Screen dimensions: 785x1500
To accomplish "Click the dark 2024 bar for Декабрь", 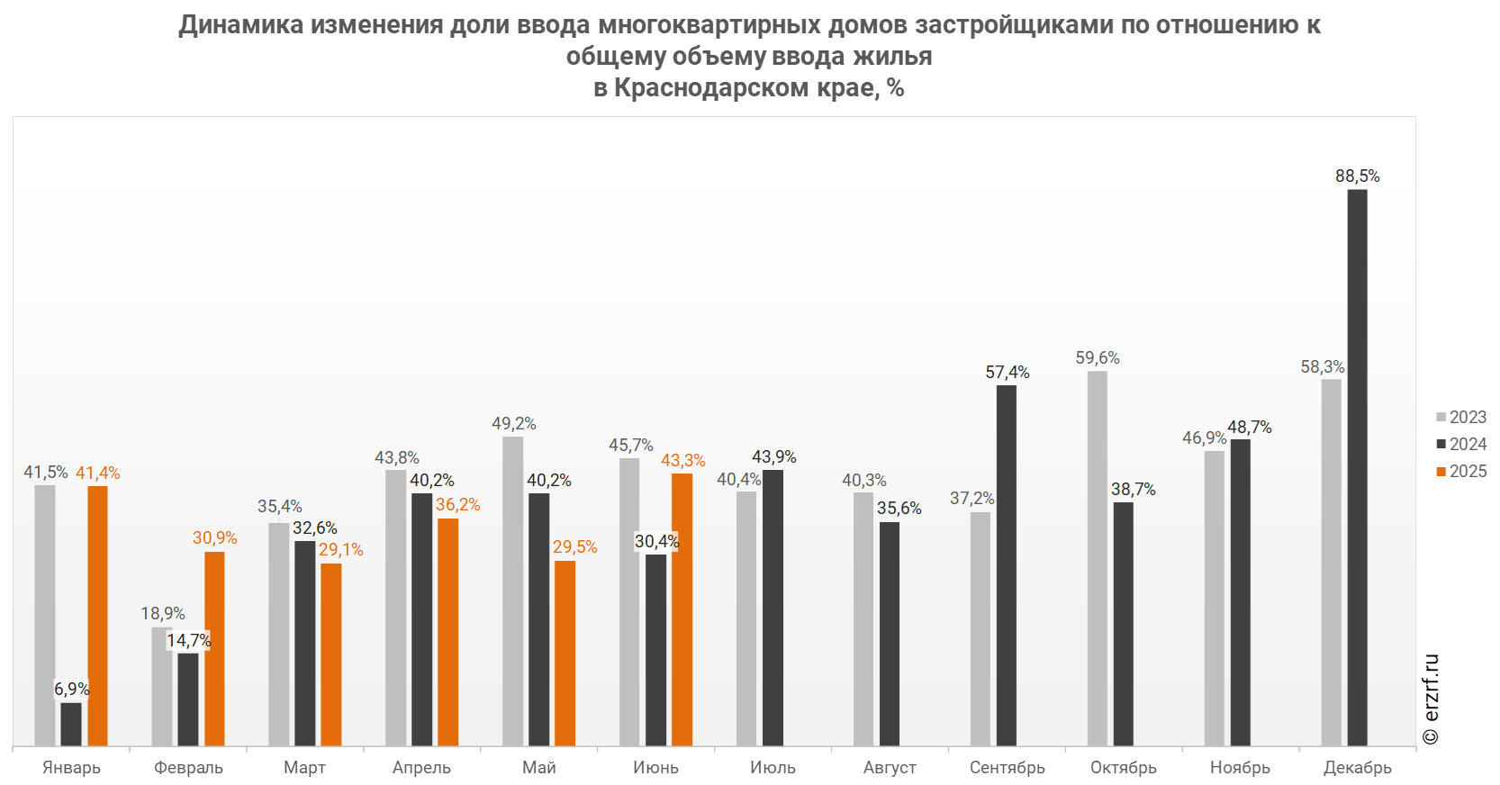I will pyautogui.click(x=1357, y=467).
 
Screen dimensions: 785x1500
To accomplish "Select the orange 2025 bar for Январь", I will pyautogui.click(x=97, y=616).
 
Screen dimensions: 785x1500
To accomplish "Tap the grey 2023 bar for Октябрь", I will pyautogui.click(x=1097, y=558).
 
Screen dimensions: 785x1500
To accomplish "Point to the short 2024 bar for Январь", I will pyautogui.click(x=71, y=724).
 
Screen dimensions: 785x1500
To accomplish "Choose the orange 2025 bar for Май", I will pyautogui.click(x=565, y=653).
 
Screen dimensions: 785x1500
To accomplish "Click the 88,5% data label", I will pyautogui.click(x=1357, y=176).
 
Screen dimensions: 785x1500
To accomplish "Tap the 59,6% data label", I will pyautogui.click(x=1097, y=358).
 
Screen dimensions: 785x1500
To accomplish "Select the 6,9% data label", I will pyautogui.click(x=71, y=690).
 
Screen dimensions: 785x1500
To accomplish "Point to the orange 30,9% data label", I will pyautogui.click(x=214, y=538).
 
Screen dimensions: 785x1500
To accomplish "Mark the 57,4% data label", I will pyautogui.click(x=1007, y=373).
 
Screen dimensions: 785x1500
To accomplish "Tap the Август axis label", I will pyautogui.click(x=890, y=767).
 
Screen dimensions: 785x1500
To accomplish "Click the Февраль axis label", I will pyautogui.click(x=188, y=767).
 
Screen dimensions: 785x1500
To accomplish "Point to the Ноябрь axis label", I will pyautogui.click(x=1240, y=767).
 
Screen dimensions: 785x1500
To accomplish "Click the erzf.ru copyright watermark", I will pyautogui.click(x=1431, y=699).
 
